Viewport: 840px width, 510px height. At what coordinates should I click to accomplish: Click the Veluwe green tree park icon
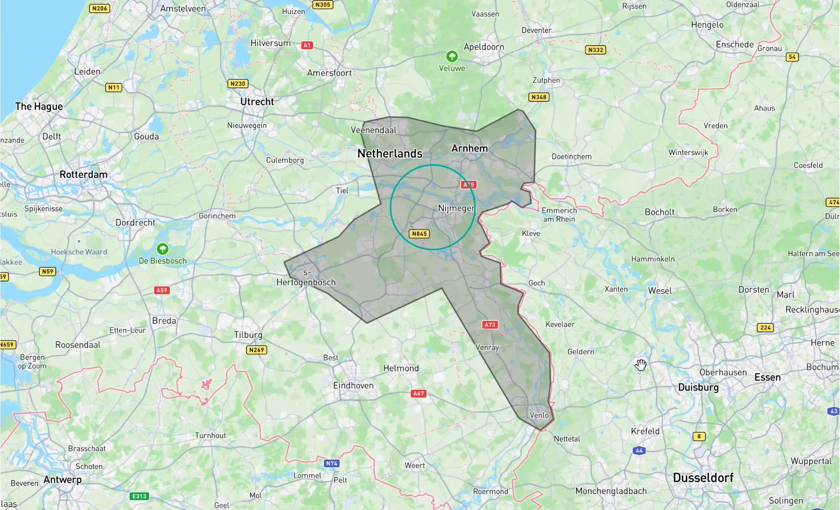click(x=452, y=56)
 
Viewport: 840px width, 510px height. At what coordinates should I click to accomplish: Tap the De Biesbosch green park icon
click(x=162, y=249)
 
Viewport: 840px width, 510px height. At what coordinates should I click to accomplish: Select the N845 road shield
click(x=419, y=234)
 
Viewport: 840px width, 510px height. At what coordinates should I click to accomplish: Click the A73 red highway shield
click(x=490, y=325)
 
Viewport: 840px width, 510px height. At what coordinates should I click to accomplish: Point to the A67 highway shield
click(x=418, y=393)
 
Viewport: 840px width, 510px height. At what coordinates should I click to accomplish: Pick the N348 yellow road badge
click(x=539, y=97)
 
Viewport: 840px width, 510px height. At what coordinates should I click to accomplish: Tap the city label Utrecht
click(x=257, y=102)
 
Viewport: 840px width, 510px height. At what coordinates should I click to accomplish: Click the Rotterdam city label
click(x=84, y=175)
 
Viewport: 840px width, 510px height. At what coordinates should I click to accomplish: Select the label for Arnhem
click(x=470, y=149)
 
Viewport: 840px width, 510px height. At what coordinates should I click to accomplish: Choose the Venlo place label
click(x=539, y=415)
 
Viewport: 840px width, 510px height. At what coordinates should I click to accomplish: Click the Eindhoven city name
click(x=353, y=386)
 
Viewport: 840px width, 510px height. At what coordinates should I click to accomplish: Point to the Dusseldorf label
click(x=703, y=478)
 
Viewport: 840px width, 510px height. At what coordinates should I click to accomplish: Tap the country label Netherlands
click(x=390, y=153)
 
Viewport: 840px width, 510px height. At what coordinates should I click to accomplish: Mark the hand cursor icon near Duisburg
click(x=641, y=364)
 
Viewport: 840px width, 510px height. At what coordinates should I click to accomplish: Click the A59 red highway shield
click(x=162, y=290)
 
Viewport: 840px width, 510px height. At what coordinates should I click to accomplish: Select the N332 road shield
click(x=596, y=50)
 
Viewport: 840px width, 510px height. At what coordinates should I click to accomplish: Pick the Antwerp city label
click(x=62, y=480)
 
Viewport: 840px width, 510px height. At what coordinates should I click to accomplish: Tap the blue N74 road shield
click(x=331, y=464)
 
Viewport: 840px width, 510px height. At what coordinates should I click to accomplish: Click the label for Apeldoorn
click(x=484, y=47)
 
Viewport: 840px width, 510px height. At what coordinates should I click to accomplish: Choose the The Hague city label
click(x=39, y=107)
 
